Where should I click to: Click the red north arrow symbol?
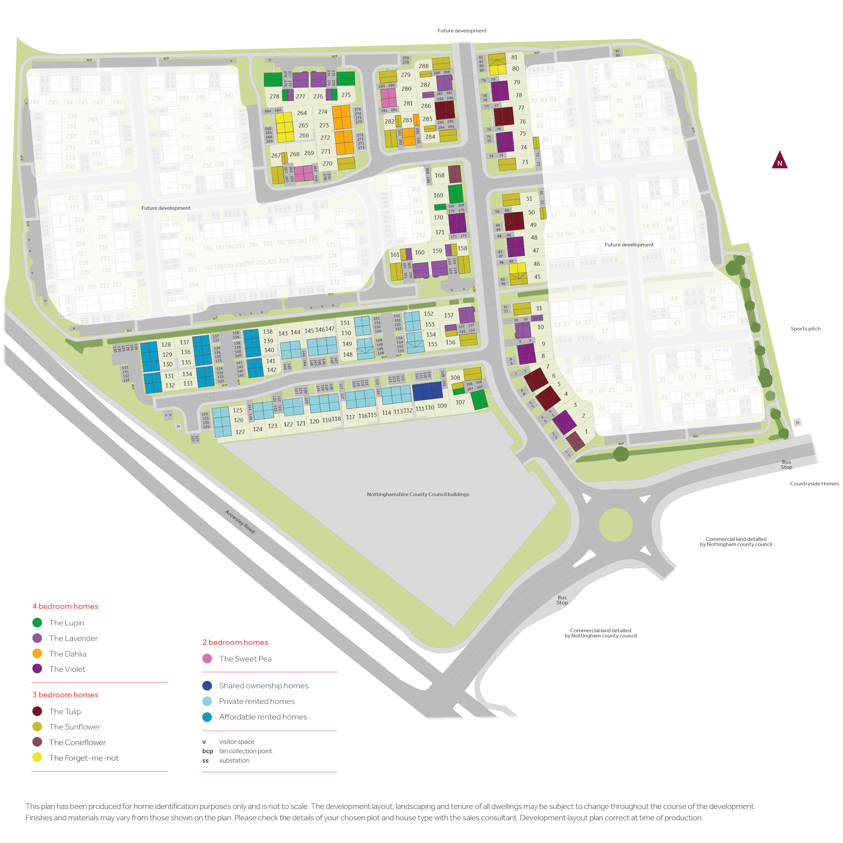779,160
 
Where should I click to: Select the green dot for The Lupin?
37,623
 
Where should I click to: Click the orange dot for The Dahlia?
37,654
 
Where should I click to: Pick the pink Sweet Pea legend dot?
207,659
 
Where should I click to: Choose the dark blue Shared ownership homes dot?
207,685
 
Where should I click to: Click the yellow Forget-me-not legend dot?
37,757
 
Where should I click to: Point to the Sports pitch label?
805,328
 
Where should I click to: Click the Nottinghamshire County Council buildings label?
418,494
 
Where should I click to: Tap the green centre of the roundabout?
615,525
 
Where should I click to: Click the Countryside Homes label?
814,483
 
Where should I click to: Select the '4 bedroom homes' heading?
65,606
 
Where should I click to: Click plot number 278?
274,96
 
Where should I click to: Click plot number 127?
240,432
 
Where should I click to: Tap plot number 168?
439,175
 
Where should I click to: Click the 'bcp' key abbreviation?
208,751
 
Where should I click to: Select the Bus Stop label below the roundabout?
562,600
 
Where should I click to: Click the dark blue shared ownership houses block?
428,391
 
